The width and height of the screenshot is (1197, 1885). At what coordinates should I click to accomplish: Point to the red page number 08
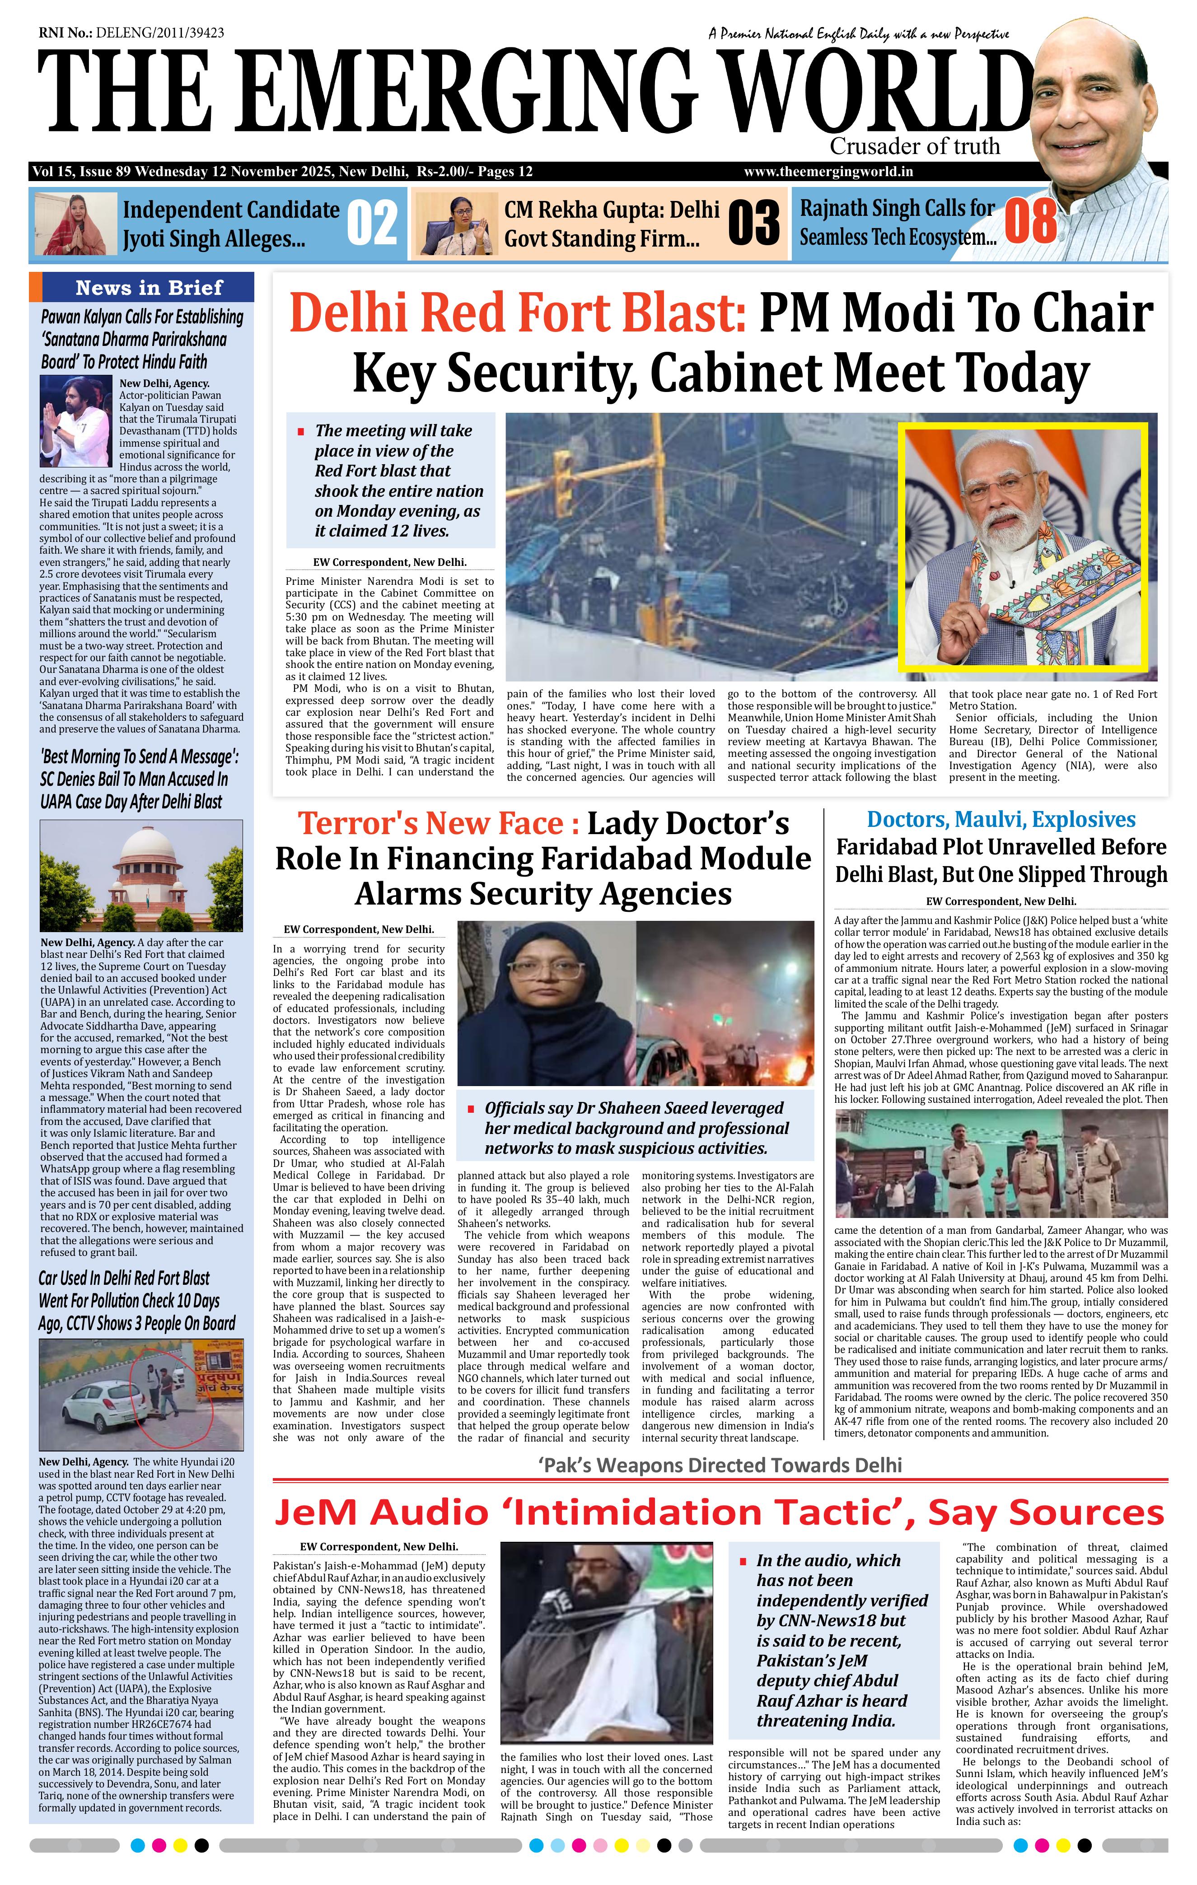point(1030,222)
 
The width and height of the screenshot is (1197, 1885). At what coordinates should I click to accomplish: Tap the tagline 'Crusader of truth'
point(914,146)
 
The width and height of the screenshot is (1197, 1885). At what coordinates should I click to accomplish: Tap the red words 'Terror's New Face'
point(430,824)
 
